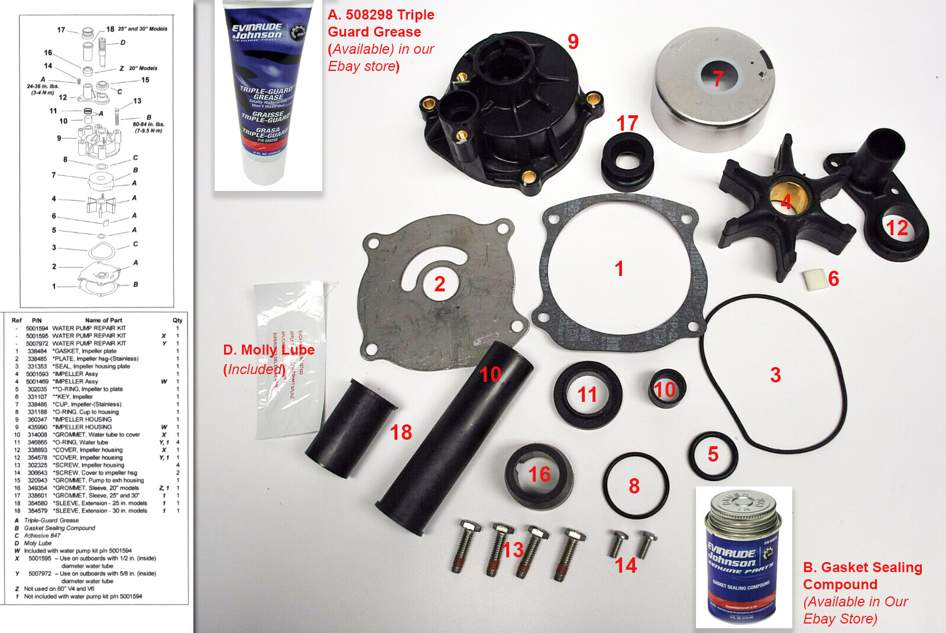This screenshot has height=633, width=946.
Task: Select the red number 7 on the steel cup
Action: pyautogui.click(x=718, y=78)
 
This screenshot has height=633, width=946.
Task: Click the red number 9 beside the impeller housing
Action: pyautogui.click(x=573, y=41)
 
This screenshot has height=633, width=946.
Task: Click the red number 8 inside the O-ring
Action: pyautogui.click(x=634, y=486)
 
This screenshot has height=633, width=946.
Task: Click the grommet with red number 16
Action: pyautogui.click(x=538, y=476)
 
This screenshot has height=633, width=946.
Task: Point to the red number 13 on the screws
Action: pyautogui.click(x=512, y=550)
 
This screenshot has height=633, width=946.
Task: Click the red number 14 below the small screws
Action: pyautogui.click(x=626, y=566)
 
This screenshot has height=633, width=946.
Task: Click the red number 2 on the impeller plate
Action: pyautogui.click(x=439, y=284)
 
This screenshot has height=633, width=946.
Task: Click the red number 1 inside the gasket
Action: pyautogui.click(x=619, y=269)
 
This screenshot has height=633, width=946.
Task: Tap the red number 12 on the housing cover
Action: pyautogui.click(x=896, y=228)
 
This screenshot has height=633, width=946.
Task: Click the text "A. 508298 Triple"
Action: pyautogui.click(x=381, y=15)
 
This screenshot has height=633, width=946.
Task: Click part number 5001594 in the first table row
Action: pyautogui.click(x=37, y=328)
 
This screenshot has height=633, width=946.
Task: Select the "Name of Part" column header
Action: pyautogui.click(x=103, y=320)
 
